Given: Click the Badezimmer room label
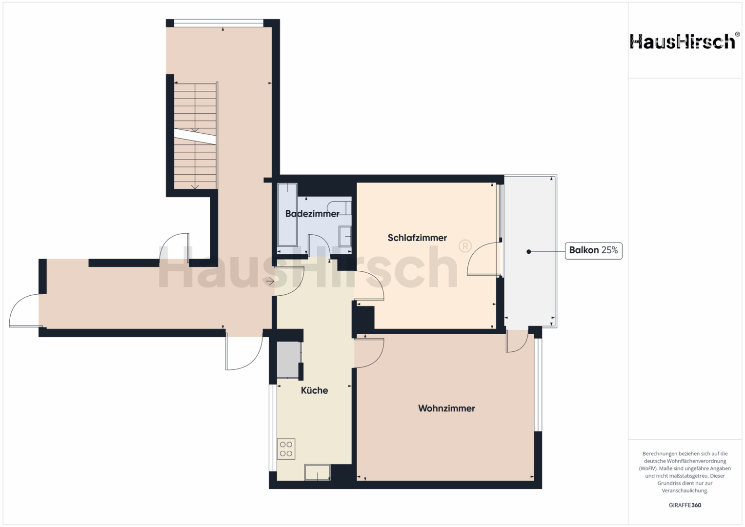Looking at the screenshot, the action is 312,214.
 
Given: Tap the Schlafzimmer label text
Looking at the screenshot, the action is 417,238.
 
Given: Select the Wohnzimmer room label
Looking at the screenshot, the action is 446,408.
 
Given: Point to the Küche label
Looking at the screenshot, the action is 314,390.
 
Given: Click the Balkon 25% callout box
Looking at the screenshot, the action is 593,250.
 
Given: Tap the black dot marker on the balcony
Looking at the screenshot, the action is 528,251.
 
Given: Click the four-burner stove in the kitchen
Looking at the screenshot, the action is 286,449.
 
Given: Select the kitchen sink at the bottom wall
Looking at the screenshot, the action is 317,472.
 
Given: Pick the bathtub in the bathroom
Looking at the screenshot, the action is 287,214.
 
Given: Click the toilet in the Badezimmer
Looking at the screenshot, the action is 339,208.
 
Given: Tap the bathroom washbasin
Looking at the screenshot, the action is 345,236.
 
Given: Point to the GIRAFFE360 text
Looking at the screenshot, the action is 685,505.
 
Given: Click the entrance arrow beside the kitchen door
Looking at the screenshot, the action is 270,282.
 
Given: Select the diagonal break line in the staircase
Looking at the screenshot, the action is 195,137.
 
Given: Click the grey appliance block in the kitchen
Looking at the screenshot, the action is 288,360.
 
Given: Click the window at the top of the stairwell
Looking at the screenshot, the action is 219,23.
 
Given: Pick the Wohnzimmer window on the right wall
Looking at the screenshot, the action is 538,385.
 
